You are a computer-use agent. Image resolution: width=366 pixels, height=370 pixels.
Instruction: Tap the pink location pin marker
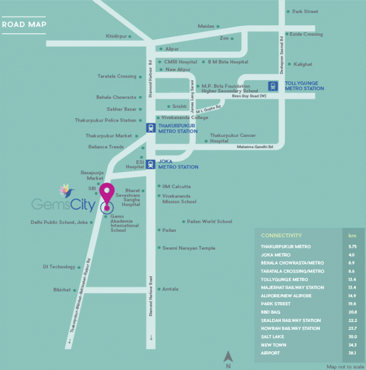tap(107, 195)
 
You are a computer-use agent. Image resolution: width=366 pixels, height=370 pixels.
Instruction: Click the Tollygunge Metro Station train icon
tap(273, 86)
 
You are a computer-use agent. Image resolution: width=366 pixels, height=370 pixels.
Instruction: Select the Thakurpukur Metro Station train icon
tap(151, 128)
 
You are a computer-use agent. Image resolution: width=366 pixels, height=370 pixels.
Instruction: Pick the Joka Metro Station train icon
tap(151, 164)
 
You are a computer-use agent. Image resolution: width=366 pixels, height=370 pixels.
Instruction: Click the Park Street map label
tap(305, 12)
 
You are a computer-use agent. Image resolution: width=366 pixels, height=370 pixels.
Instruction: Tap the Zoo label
tap(224, 38)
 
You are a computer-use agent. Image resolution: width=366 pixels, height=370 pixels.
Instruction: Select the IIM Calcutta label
tap(176, 186)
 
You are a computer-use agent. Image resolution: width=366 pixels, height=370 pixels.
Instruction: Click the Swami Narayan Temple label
tap(189, 248)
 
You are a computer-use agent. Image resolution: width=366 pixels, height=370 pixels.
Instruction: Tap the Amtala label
tap(170, 289)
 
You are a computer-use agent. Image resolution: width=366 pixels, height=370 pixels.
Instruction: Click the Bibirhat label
tap(62, 289)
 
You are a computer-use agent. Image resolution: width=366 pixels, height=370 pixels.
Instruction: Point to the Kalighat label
tap(302, 64)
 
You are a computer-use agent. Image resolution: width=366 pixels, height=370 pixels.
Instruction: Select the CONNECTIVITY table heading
tap(281, 236)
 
